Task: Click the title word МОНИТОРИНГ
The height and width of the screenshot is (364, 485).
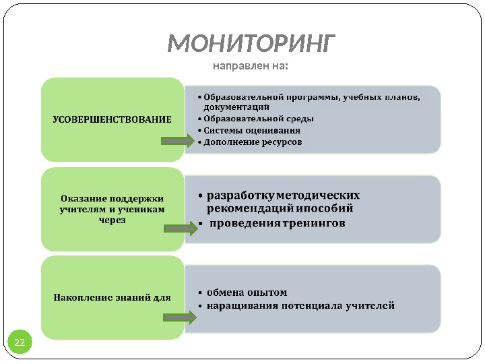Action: coord(251,44)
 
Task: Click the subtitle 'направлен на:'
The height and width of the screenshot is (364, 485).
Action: coord(251,66)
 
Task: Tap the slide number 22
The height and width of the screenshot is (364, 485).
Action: coord(20,343)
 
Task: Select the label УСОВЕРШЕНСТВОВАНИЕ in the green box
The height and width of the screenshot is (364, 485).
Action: coord(112,119)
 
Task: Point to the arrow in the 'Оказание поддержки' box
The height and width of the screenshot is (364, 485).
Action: coord(180,230)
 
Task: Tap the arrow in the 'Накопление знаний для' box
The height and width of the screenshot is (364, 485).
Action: coord(180,317)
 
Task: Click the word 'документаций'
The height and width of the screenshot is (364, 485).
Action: coord(236,107)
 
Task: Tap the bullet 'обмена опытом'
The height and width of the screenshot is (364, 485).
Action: coord(247,293)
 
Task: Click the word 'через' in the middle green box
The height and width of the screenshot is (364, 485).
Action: coord(112,220)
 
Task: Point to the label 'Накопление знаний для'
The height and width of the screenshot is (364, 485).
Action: coord(112,296)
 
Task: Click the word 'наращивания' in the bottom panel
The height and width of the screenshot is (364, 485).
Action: coord(238,305)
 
